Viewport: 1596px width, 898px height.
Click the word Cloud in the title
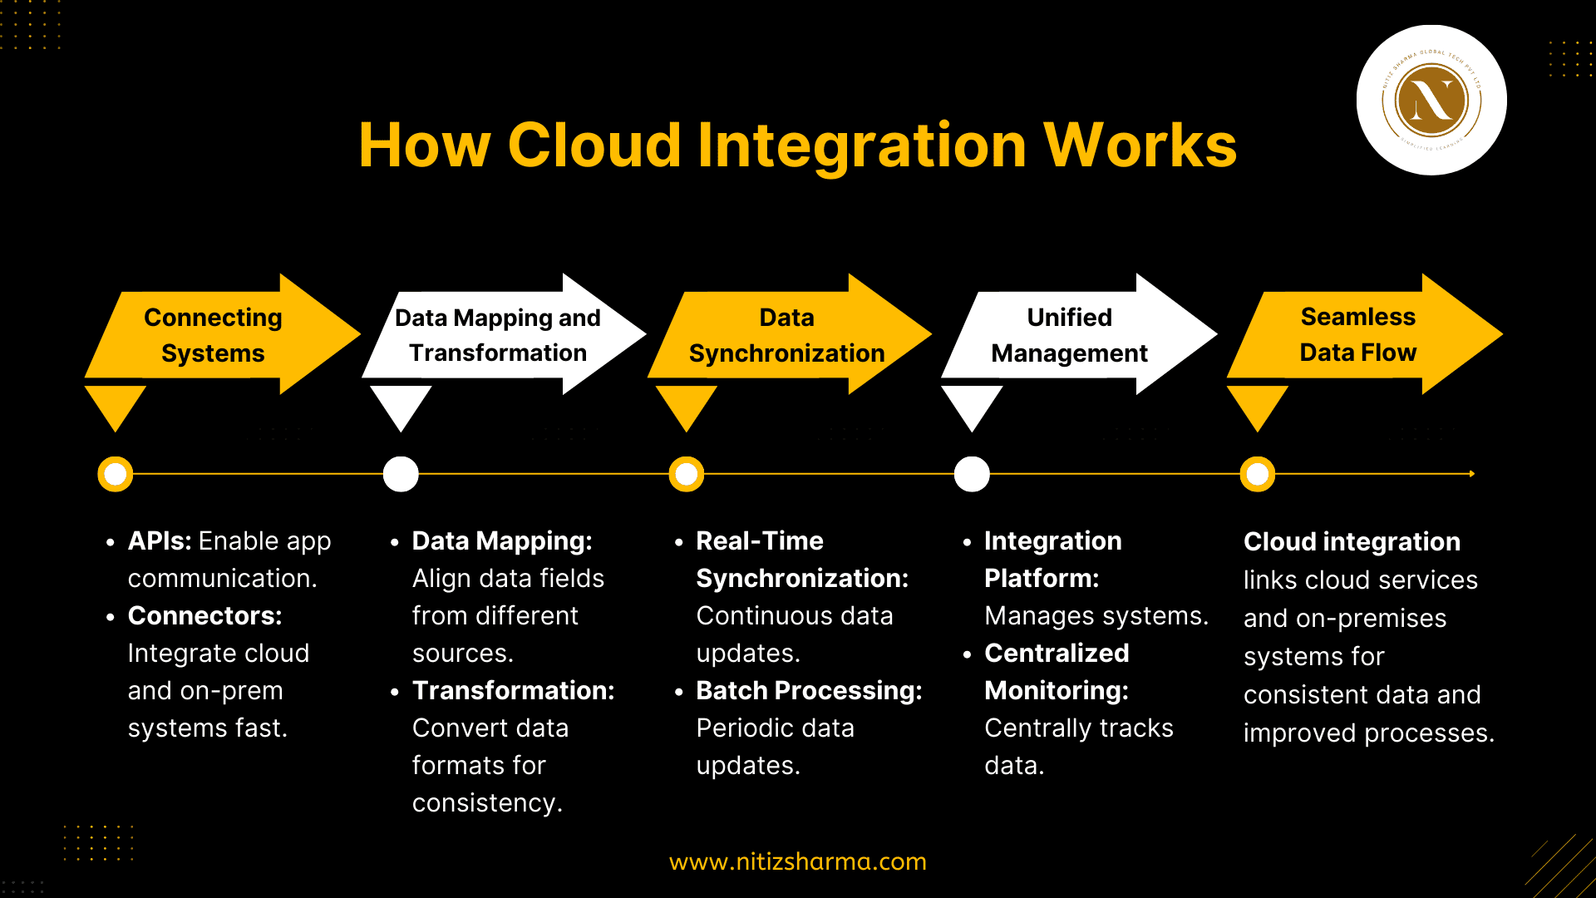click(594, 146)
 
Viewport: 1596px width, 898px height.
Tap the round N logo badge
click(1431, 101)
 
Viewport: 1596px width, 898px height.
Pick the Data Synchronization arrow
click(787, 334)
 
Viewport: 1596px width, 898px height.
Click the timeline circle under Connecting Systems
click(116, 474)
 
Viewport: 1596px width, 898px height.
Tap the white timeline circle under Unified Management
click(972, 474)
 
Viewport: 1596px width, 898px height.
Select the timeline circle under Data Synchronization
click(687, 474)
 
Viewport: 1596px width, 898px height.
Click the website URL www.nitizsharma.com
click(798, 861)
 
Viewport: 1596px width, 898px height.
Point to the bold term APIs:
click(160, 541)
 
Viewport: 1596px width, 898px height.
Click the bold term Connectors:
click(204, 616)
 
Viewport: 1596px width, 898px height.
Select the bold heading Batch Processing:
click(809, 691)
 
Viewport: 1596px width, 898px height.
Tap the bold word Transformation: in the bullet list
click(513, 691)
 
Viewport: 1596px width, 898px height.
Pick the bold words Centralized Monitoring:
click(1057, 672)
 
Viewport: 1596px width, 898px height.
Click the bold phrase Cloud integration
click(1352, 542)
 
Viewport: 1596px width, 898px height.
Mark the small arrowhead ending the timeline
click(1471, 474)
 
